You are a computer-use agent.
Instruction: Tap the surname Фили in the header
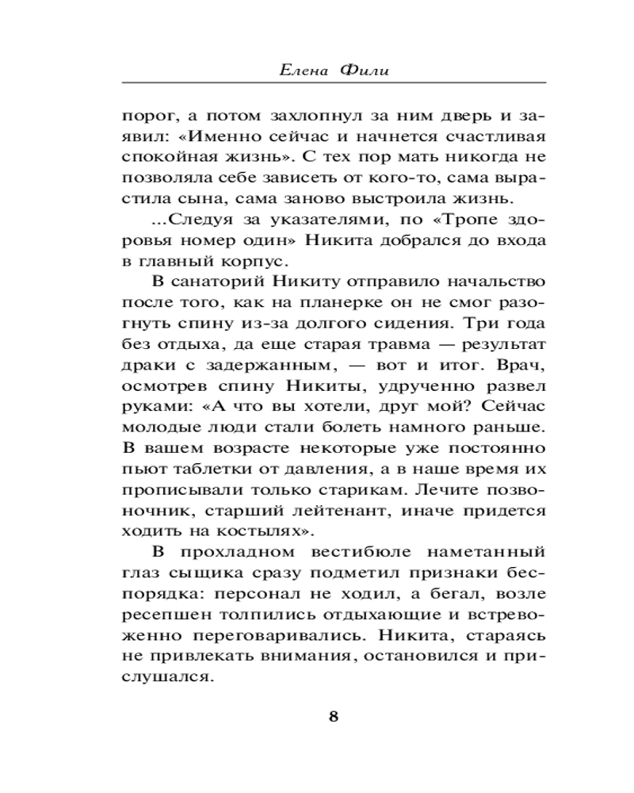[x=364, y=71]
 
